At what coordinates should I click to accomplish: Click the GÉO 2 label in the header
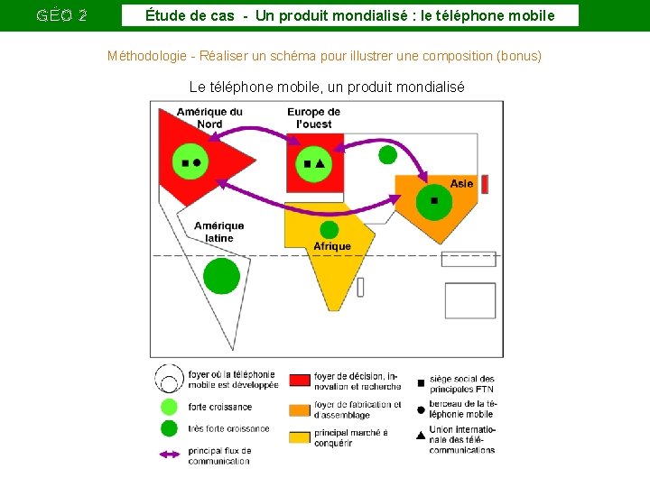(x=62, y=15)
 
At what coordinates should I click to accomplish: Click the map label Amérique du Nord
(x=209, y=118)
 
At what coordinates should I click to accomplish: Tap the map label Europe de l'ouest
(x=313, y=118)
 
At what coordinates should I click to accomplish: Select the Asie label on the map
(x=461, y=183)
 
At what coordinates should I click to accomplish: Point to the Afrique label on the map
(x=332, y=246)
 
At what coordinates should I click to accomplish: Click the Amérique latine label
(x=218, y=232)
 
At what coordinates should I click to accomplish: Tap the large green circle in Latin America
(x=221, y=276)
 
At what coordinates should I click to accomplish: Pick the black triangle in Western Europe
(x=320, y=163)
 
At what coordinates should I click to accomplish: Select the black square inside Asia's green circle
(x=434, y=200)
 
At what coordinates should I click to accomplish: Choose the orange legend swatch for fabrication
(x=301, y=409)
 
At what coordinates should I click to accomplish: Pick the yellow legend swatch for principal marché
(x=301, y=437)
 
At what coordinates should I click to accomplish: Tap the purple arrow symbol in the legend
(x=169, y=454)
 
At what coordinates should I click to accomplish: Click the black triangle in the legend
(x=421, y=436)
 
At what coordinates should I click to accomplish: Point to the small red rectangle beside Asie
(x=484, y=184)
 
